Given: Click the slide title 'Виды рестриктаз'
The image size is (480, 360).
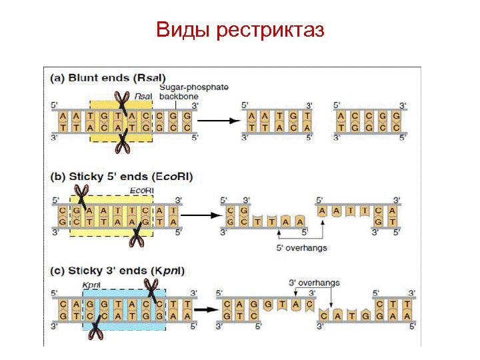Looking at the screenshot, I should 240,29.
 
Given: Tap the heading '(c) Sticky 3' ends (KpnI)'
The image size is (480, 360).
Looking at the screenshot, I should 117,271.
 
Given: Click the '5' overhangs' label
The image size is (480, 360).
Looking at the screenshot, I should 301,249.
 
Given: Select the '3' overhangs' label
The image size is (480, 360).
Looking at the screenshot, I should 314,282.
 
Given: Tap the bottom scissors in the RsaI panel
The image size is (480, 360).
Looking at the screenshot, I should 122,142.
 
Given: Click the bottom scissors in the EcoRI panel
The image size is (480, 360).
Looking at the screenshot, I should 136,235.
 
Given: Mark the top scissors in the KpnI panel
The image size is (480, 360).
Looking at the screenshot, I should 153,291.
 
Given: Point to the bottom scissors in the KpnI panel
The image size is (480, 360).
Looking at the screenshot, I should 94,329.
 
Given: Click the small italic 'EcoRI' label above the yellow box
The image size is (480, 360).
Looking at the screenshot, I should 141,191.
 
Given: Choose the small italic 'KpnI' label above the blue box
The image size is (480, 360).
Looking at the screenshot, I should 91,285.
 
